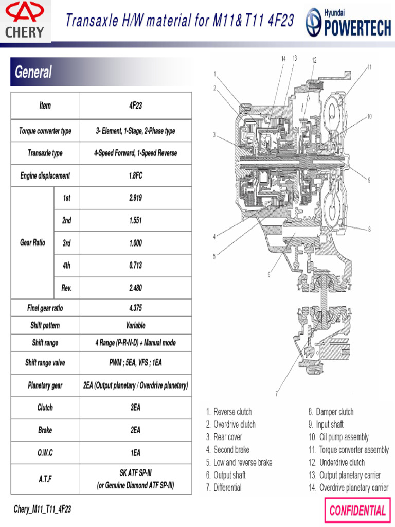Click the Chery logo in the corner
[25, 21]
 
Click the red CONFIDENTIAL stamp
[357, 511]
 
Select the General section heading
[33, 72]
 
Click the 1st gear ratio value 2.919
[135, 198]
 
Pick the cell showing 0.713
[135, 266]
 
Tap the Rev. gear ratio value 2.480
[135, 288]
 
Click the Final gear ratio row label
[45, 308]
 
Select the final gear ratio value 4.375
[135, 308]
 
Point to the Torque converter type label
[45, 131]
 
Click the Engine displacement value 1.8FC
[135, 175]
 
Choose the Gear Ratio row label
[32, 242]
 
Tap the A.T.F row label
[45, 479]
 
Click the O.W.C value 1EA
[135, 453]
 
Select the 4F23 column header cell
[135, 106]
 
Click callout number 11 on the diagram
[369, 67]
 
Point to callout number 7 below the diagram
[277, 394]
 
